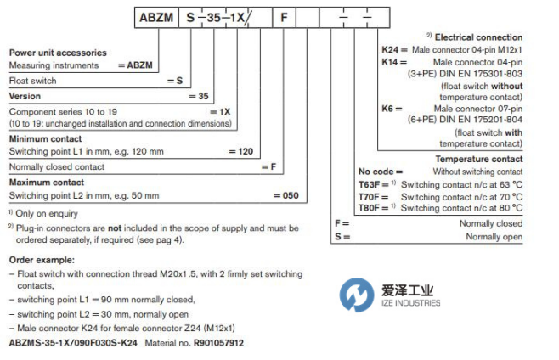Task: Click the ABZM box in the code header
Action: click(x=156, y=18)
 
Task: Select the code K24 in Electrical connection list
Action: click(x=390, y=49)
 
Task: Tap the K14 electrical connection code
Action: click(x=390, y=62)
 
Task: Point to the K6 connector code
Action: click(x=387, y=109)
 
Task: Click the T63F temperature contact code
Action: click(x=369, y=184)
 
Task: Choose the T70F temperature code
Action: click(x=369, y=197)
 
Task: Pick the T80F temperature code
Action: click(x=369, y=208)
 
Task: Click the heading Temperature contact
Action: click(x=479, y=159)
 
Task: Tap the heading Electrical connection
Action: click(x=478, y=37)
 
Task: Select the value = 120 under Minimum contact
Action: click(x=241, y=151)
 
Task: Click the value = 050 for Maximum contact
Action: click(x=286, y=195)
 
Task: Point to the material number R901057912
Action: click(x=218, y=343)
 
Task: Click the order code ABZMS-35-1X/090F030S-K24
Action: click(x=73, y=343)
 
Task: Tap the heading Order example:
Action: click(x=42, y=260)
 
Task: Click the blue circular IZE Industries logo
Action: click(x=357, y=295)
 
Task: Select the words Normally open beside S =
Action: click(x=494, y=237)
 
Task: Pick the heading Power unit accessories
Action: click(x=58, y=53)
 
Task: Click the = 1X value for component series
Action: click(x=220, y=112)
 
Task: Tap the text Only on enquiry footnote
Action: click(x=47, y=213)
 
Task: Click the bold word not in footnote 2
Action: click(x=115, y=228)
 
